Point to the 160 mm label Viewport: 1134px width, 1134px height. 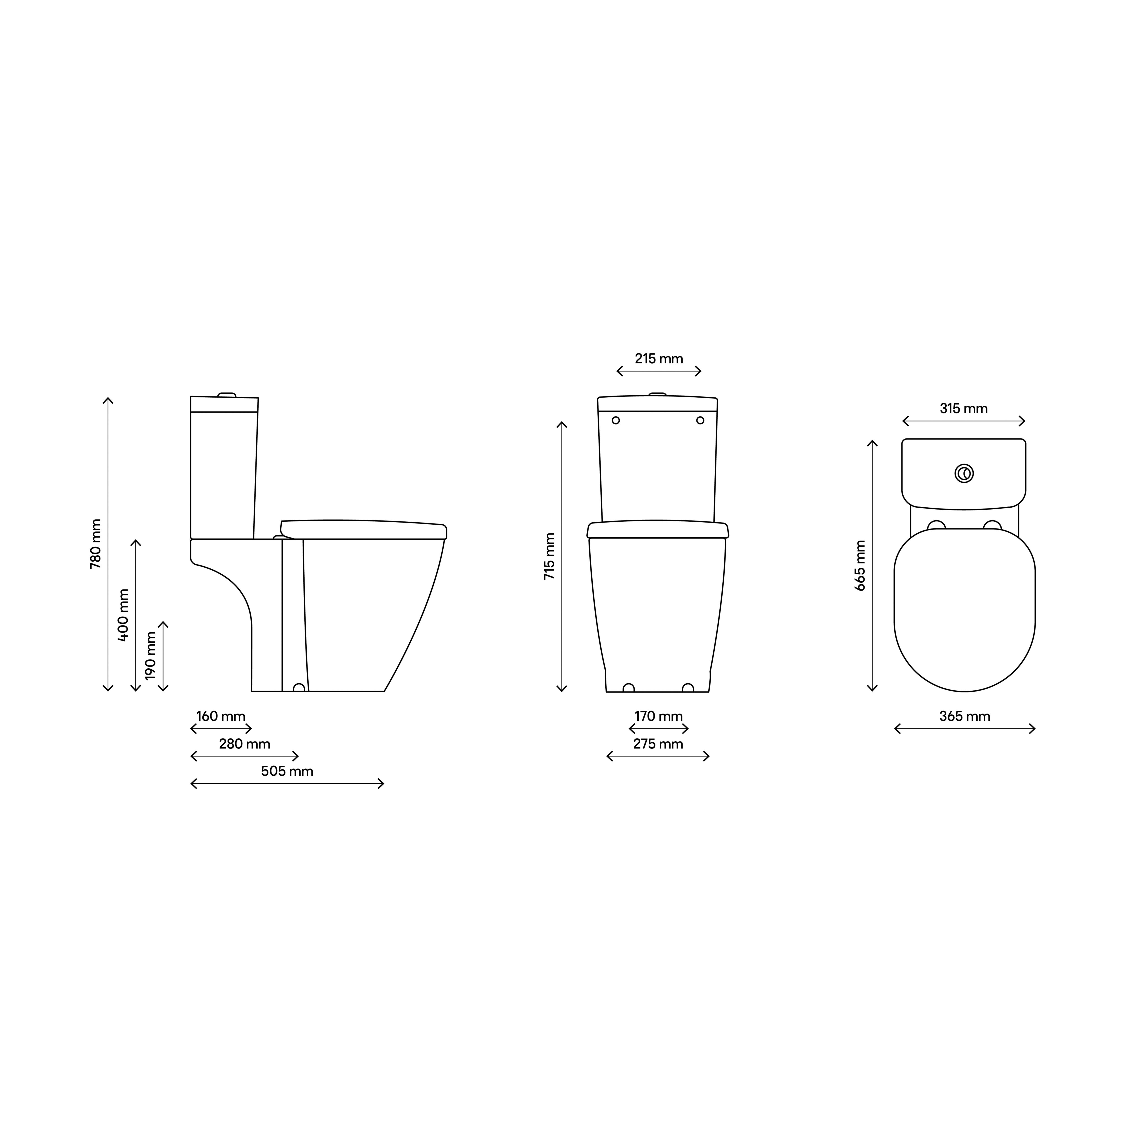tap(221, 716)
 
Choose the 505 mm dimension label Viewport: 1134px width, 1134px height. tap(287, 771)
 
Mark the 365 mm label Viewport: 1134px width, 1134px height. tap(964, 716)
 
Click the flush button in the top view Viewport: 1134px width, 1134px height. tap(964, 474)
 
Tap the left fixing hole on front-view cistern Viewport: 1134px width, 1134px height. tap(616, 420)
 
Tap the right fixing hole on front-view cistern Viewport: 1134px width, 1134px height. tap(700, 420)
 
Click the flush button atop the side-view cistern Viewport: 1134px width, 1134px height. tap(227, 394)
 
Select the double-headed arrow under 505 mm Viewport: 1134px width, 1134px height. tap(287, 784)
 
